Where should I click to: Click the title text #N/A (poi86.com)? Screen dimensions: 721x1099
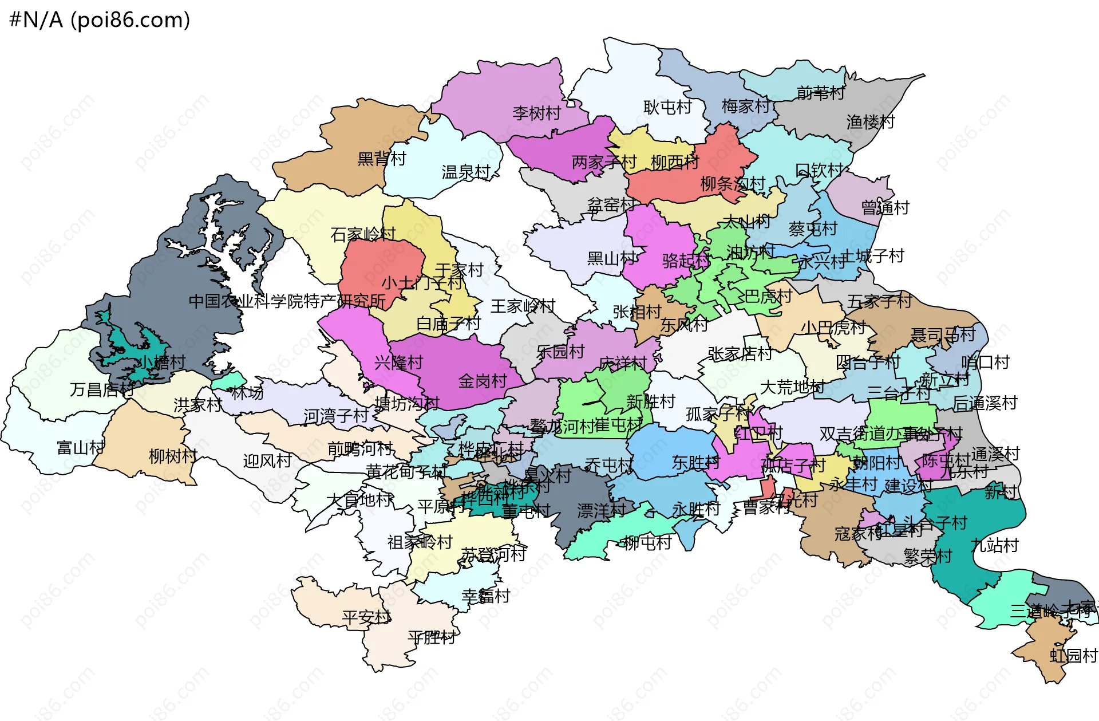point(100,20)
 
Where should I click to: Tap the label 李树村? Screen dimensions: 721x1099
point(536,113)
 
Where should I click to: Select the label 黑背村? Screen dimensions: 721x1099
point(381,159)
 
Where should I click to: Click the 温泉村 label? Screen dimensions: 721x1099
point(466,172)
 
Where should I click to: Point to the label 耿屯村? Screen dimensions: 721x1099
point(667,107)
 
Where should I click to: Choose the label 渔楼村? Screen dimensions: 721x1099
point(870,121)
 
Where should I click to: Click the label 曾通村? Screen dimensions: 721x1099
point(885,207)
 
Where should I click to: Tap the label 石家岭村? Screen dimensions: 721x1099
point(363,234)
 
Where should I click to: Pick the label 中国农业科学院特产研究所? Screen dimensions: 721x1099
point(287,301)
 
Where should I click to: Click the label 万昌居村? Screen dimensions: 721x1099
point(102,390)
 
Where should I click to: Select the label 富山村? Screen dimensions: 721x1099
point(81,447)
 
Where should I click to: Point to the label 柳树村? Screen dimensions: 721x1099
point(173,456)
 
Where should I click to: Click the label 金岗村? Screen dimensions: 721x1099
point(483,381)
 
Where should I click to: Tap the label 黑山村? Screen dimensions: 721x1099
point(611,258)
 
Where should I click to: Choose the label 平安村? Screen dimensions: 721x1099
point(366,617)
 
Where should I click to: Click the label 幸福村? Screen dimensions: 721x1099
point(485,596)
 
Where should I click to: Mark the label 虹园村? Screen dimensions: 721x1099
point(1073,656)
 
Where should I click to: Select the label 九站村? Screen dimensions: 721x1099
point(994,545)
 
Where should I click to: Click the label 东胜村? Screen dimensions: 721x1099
point(695,463)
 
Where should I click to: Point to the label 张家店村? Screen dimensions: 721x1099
point(740,354)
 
